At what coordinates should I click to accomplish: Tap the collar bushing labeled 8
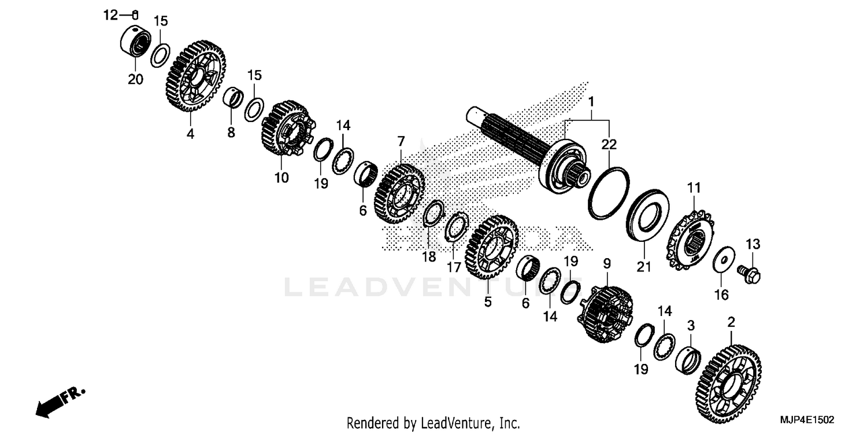(234, 96)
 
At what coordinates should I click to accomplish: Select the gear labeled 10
(287, 128)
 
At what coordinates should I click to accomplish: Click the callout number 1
(591, 102)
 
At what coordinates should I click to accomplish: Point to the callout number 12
(110, 15)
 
